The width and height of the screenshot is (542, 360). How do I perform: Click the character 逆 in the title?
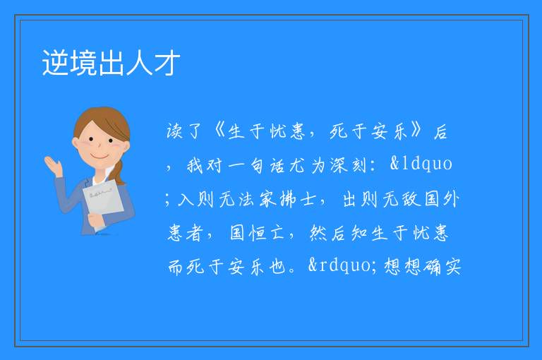pyautogui.click(x=56, y=63)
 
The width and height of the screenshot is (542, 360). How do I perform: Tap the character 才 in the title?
pyautogui.click(x=167, y=63)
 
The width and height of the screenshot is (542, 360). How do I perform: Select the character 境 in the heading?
pyautogui.click(x=84, y=63)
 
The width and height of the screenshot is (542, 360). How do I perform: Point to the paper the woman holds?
pyautogui.click(x=102, y=199)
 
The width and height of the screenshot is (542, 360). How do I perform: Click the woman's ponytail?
pyautogui.click(x=119, y=172)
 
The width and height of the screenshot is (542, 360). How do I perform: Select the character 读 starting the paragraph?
pyautogui.click(x=174, y=131)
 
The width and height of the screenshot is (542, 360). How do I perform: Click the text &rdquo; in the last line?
pyautogui.click(x=342, y=265)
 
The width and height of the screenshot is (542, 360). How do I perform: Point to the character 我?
pyautogui.click(x=195, y=165)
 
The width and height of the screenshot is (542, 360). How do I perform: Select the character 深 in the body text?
pyautogui.click(x=339, y=165)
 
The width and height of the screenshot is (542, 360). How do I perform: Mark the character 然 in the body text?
pyautogui.click(x=318, y=232)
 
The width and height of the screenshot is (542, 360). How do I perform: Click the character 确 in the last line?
pyautogui.click(x=432, y=267)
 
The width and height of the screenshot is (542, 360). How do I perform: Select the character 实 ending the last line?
pyautogui.click(x=453, y=267)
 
